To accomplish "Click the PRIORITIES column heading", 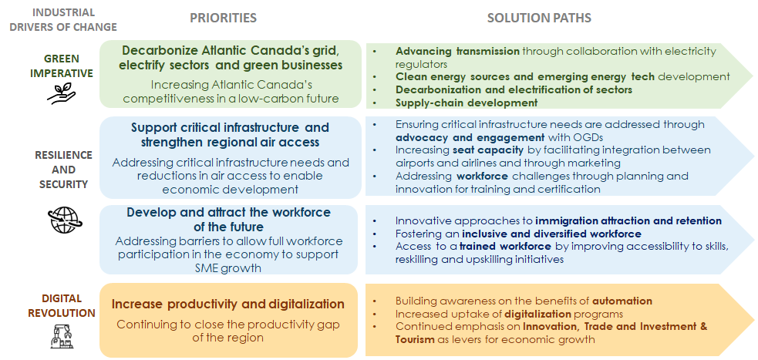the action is [x=223, y=19].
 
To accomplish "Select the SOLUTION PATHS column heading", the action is [x=539, y=19].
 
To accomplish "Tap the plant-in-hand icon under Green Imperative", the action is [x=61, y=94].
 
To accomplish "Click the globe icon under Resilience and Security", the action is [x=66, y=220].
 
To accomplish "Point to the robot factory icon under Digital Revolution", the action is [x=62, y=336].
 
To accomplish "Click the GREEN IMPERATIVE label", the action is [x=62, y=66].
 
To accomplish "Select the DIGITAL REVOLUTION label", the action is [x=62, y=306].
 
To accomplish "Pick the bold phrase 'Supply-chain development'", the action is [x=467, y=103].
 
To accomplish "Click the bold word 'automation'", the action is [x=622, y=301].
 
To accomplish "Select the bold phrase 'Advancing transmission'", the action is [x=457, y=51].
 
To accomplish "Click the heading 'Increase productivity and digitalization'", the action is [x=228, y=304].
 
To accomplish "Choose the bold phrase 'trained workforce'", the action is [x=505, y=247].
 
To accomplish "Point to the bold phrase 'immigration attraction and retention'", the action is [x=628, y=221].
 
